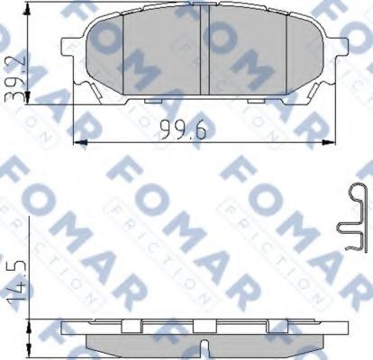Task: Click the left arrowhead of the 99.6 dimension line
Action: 75,141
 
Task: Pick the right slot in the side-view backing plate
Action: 287,325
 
